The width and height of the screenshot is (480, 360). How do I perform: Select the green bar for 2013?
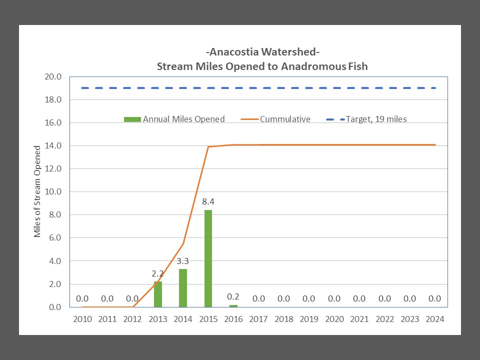(x=158, y=294)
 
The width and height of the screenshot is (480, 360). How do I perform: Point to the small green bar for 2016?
(x=233, y=305)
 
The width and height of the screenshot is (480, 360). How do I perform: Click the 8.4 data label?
(x=208, y=202)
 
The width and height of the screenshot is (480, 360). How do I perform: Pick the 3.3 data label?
(x=183, y=261)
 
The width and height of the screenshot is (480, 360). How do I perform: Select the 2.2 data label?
(x=158, y=273)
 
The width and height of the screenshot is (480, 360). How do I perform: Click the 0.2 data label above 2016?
(x=233, y=295)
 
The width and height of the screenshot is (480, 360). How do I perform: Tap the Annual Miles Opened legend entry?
(x=174, y=119)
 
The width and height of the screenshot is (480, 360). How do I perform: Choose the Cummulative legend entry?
(x=278, y=119)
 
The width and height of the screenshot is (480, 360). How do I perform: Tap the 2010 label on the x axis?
(x=82, y=319)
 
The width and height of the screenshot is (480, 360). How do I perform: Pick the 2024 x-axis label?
(x=434, y=319)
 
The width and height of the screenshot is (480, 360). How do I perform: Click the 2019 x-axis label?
(x=309, y=319)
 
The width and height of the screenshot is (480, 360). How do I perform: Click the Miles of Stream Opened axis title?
(x=37, y=191)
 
